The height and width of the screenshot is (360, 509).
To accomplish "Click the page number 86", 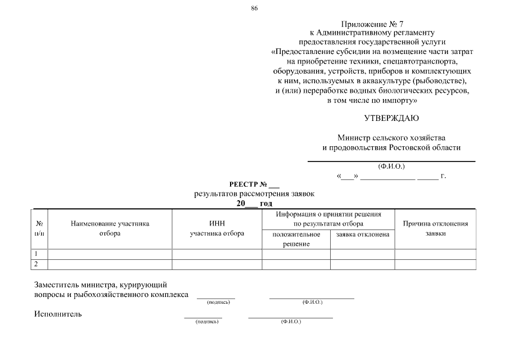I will (254, 7).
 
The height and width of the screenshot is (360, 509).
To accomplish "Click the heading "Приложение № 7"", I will (372, 24).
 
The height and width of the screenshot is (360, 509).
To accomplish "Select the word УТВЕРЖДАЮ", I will (391, 118).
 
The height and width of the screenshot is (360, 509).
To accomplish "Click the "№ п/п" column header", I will (40, 228).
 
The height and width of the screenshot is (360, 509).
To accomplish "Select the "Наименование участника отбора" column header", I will (110, 228).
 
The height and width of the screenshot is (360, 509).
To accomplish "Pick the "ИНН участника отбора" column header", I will (217, 228).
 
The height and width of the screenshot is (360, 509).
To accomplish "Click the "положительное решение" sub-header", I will (296, 238).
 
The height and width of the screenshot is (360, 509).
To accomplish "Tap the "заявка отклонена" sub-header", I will (362, 234).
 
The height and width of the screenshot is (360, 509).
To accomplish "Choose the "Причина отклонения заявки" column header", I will (435, 228).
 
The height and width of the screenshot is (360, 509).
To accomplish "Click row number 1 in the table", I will (37, 254).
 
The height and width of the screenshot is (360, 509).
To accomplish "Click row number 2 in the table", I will (37, 264).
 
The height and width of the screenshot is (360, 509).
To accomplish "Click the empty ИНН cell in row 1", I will (217, 254).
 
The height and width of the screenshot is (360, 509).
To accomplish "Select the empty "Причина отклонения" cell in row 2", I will (435, 264).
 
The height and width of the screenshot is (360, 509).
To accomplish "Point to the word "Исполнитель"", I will (58, 314).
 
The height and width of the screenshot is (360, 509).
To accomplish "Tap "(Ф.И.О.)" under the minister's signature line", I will (391, 166).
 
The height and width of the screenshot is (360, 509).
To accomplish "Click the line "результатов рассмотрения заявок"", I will (254, 193).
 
